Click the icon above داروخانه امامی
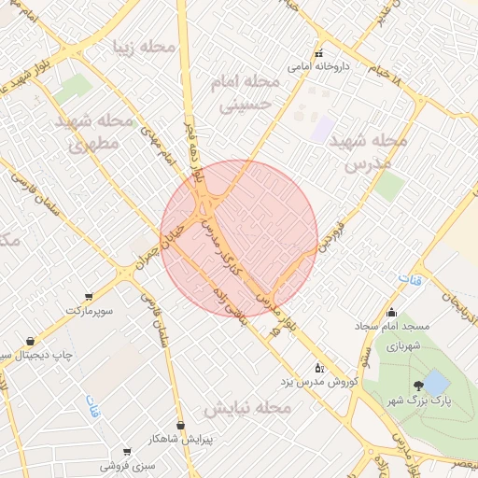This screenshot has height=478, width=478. pyautogui.click(x=319, y=52)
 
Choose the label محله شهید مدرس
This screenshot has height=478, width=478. pyautogui.click(x=373, y=151)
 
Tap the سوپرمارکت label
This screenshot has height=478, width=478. pyautogui.click(x=89, y=308)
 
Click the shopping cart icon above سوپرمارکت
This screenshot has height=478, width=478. pyautogui.click(x=89, y=296)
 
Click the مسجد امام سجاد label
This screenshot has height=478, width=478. pyautogui.click(x=391, y=327)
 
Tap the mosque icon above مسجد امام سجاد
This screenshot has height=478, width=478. pyautogui.click(x=391, y=313)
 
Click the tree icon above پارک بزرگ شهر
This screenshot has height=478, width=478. pyautogui.click(x=417, y=386)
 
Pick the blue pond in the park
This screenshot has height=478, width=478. pyautogui.click(x=435, y=381)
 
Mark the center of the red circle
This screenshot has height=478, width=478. pyautogui.click(x=239, y=238)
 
